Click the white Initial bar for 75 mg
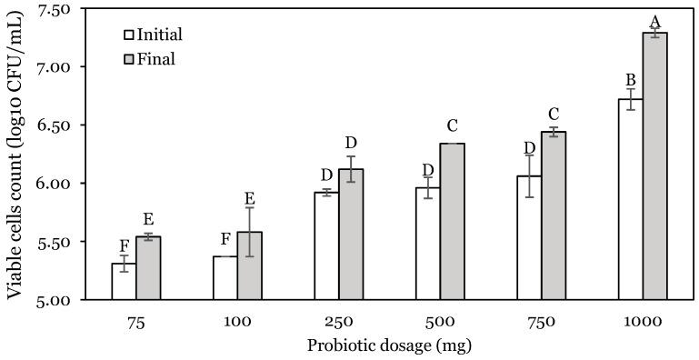[x=124, y=281]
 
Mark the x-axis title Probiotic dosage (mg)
[x=389, y=345]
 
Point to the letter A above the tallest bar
[x=655, y=20]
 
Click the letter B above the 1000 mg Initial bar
[x=630, y=77]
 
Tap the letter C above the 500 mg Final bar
[x=452, y=125]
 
